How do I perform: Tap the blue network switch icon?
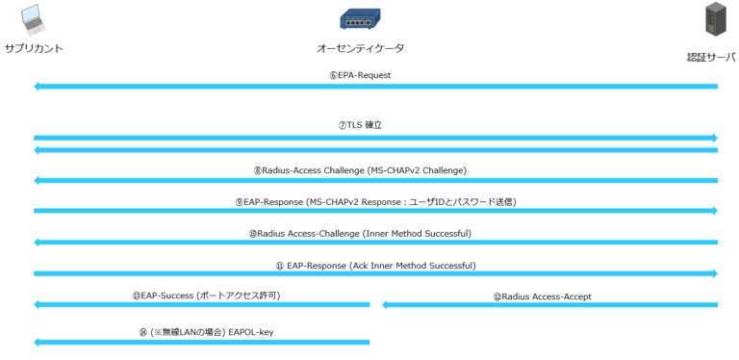(360, 18)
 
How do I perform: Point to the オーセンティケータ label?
(360, 48)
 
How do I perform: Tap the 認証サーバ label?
(711, 58)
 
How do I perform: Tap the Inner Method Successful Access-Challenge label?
(360, 233)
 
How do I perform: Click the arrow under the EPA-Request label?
(375, 87)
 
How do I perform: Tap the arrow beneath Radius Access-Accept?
(549, 305)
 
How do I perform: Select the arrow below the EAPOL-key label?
(202, 342)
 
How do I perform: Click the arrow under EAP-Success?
(202, 305)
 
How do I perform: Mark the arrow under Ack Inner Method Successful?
(375, 274)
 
